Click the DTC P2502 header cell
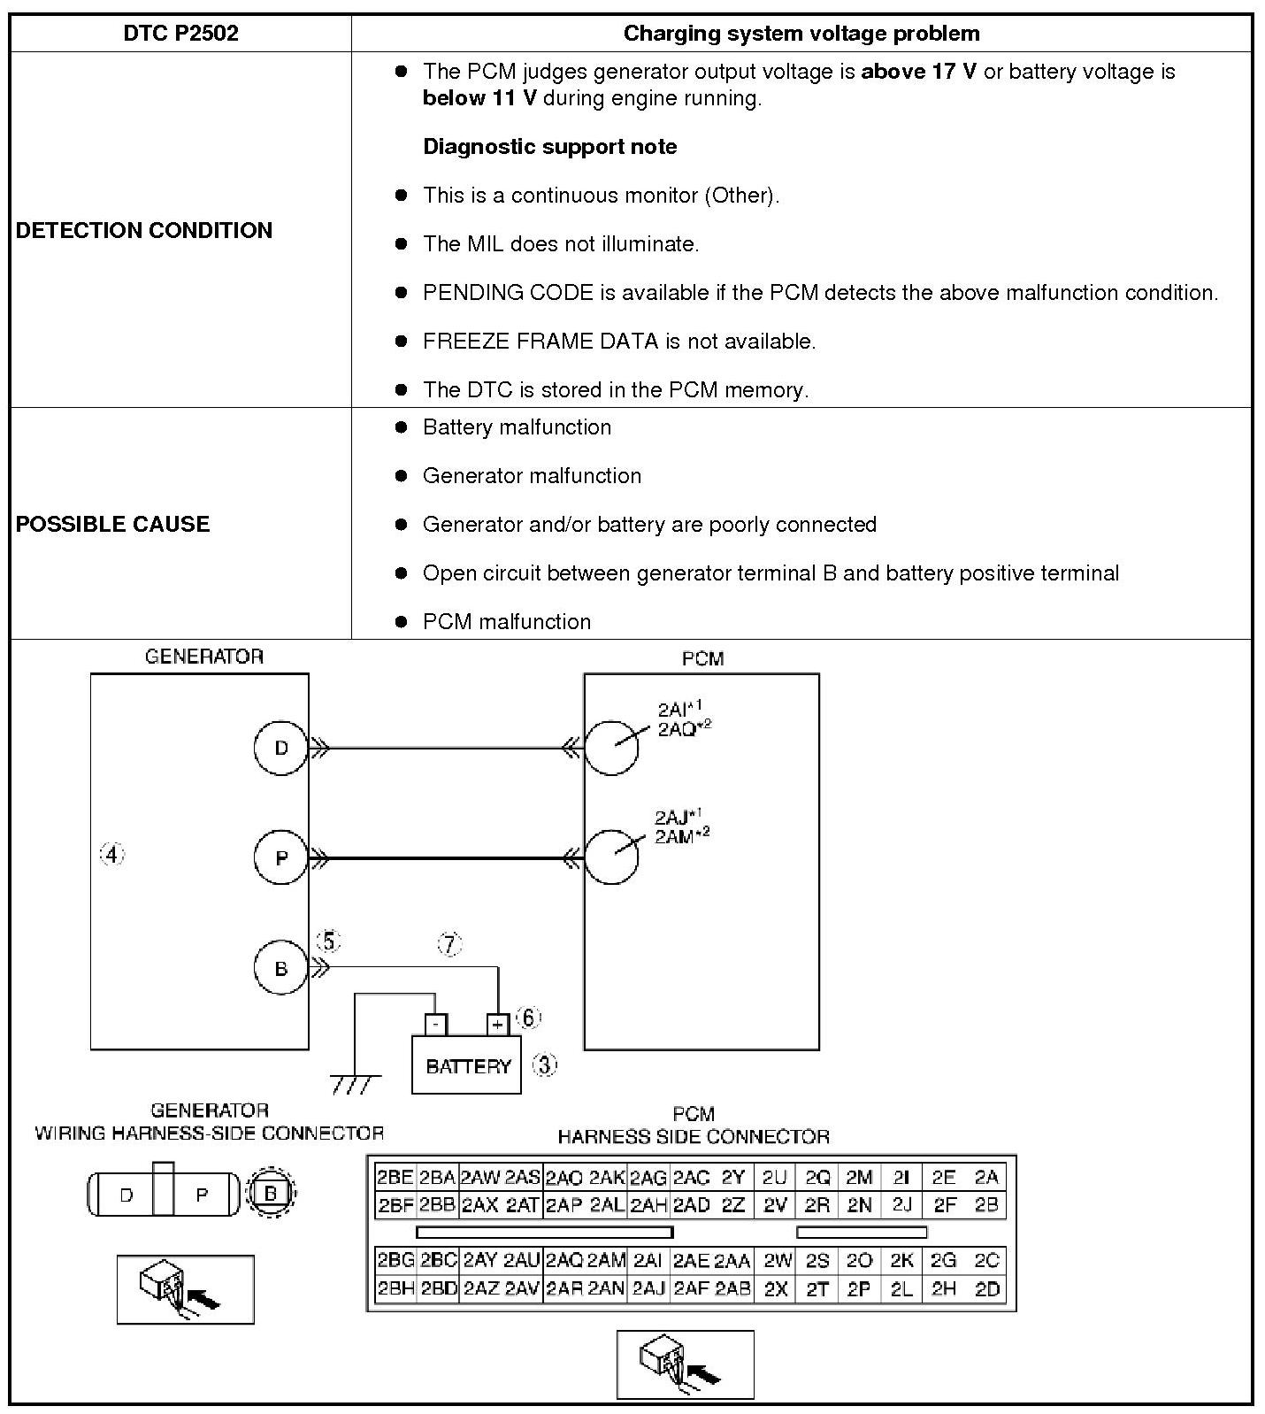pos(180,34)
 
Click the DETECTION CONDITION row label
pos(144,230)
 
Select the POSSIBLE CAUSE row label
pos(113,524)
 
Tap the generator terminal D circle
pos(280,748)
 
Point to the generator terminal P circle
pos(280,857)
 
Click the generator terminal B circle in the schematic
pos(280,968)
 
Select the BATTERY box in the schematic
pos(467,1066)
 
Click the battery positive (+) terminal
pos(498,1025)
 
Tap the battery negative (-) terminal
pos(435,1025)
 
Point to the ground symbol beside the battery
pos(355,1082)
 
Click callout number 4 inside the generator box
pos(111,855)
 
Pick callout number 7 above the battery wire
pos(450,944)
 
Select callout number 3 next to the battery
pos(545,1064)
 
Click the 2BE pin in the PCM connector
pos(395,1177)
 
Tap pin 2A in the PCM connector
pos(986,1177)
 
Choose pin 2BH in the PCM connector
pos(395,1289)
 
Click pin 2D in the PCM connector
pos(986,1289)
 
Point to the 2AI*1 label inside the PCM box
pos(677,709)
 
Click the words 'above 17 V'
pos(918,72)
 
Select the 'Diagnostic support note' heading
pos(549,147)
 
